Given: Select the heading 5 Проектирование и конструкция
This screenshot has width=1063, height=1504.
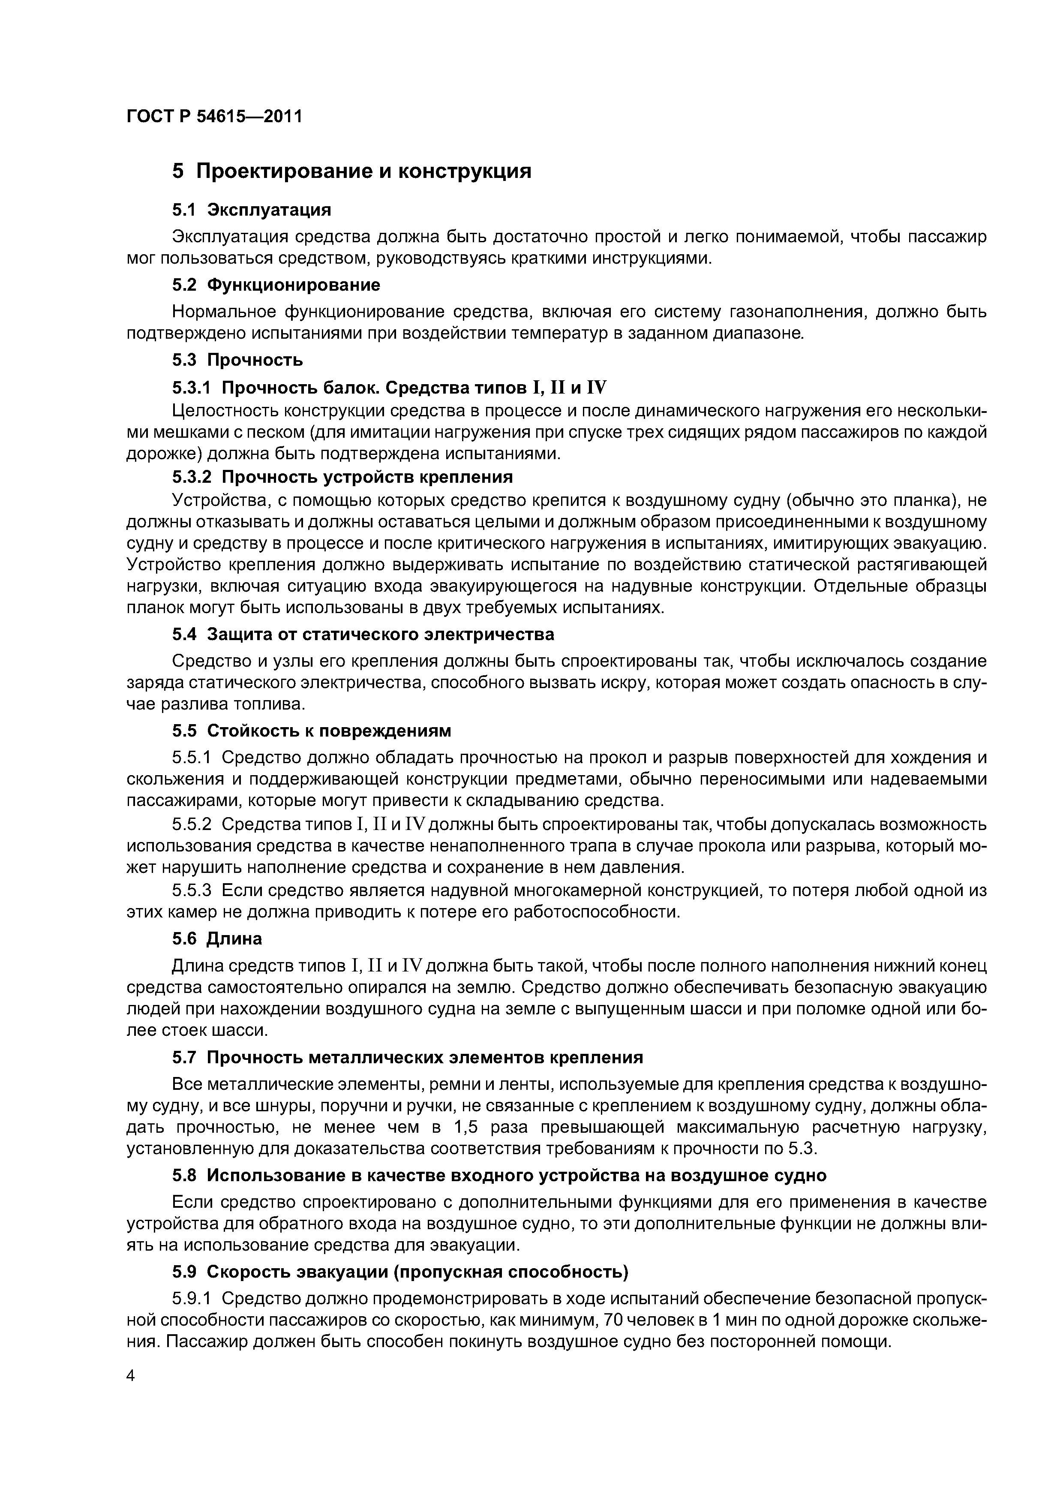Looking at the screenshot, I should click(352, 171).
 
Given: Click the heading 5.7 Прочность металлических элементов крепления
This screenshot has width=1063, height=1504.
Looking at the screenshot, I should click(407, 1057).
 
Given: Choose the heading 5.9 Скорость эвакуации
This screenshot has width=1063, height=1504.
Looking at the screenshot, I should click(399, 1272).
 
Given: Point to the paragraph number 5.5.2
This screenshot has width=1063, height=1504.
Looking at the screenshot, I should click(192, 824).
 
